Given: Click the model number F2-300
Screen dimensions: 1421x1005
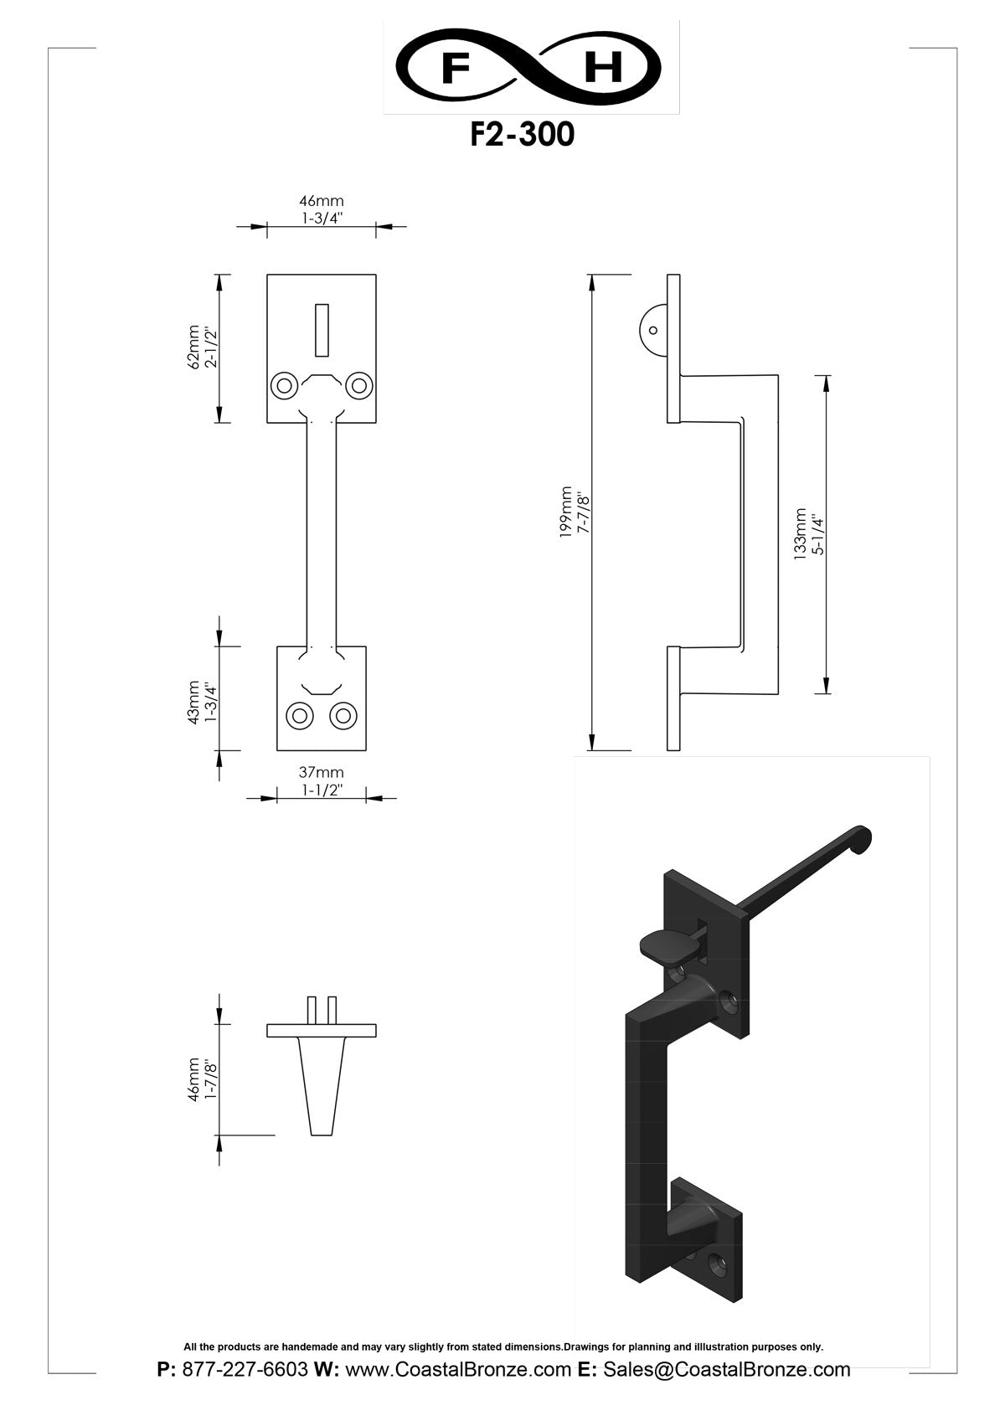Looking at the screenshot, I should pyautogui.click(x=522, y=135).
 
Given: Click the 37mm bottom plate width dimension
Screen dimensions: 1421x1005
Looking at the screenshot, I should pyautogui.click(x=322, y=773).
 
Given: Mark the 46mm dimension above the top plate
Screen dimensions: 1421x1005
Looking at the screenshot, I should pyautogui.click(x=322, y=202).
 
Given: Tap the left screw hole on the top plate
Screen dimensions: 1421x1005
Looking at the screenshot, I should pyautogui.click(x=284, y=386).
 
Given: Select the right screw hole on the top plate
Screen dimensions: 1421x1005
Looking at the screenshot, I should pyautogui.click(x=359, y=386).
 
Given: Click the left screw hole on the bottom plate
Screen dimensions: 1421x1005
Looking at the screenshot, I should pyautogui.click(x=299, y=716).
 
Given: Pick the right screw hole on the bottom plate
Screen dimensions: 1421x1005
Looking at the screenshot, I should pyautogui.click(x=343, y=716).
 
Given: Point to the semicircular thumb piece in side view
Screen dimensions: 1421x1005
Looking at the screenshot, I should pyautogui.click(x=653, y=329).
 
